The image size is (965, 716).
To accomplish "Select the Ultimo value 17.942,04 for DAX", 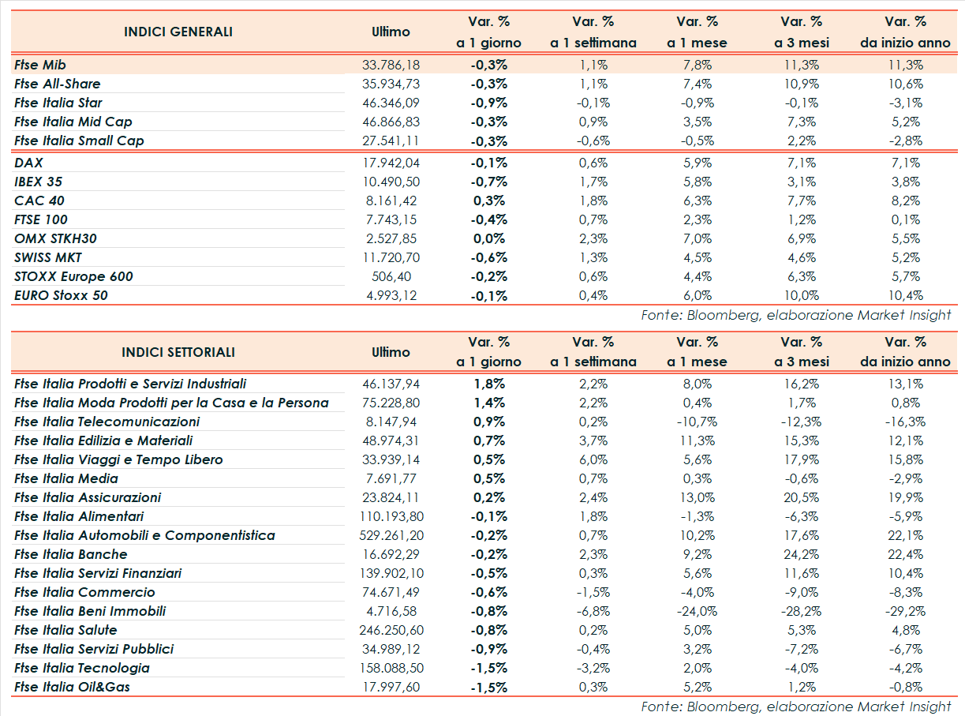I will click(391, 163).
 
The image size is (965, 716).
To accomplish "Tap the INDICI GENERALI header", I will click(178, 32).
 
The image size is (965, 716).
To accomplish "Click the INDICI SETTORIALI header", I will click(178, 352).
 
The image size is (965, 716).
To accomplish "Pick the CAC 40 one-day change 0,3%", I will click(489, 201).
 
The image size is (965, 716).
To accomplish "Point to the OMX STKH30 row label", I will click(55, 238).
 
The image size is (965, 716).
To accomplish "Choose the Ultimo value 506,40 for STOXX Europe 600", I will click(391, 276).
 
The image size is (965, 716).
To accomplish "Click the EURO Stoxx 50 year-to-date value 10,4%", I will click(905, 295).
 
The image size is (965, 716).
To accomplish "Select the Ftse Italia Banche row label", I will click(70, 554).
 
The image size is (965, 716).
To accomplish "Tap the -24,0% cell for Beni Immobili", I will click(697, 611).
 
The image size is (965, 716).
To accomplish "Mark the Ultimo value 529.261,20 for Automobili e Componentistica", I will click(391, 535).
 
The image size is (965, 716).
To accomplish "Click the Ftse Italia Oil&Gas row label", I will click(72, 687).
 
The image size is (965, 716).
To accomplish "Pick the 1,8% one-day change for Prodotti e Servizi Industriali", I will click(489, 384).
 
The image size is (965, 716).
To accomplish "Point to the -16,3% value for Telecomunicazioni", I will click(905, 422).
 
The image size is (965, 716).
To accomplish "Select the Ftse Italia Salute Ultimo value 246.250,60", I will click(391, 630).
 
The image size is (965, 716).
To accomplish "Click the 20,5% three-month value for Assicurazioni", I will click(801, 497).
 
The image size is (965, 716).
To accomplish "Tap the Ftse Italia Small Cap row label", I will click(79, 141).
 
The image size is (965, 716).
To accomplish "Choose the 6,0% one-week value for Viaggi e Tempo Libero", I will click(593, 459).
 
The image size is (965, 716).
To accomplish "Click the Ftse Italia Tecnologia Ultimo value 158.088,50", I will click(391, 668).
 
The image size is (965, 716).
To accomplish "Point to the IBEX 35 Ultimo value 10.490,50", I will click(391, 182).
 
